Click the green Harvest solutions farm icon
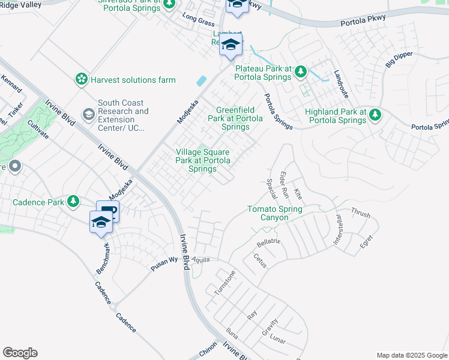(81, 79)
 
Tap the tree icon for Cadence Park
(73, 202)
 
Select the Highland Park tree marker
(375, 113)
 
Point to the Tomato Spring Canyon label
(275, 213)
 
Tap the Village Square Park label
(202, 161)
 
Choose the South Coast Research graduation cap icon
(89, 114)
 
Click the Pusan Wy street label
(165, 263)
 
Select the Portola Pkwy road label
(361, 22)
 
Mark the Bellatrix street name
(268, 243)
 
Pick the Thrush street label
(361, 213)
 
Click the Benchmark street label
(103, 259)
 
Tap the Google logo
(20, 353)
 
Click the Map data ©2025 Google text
(411, 355)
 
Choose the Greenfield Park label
(235, 118)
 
